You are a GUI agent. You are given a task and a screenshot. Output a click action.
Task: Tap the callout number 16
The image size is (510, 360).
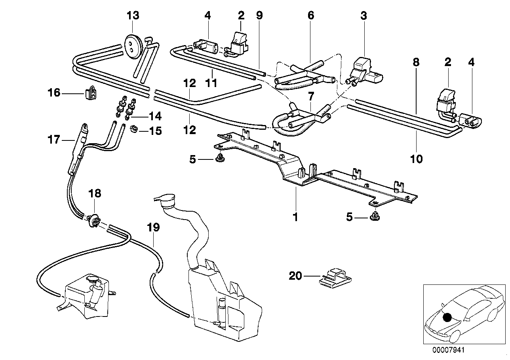54,93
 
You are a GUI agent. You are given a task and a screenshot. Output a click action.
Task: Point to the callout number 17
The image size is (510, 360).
54,139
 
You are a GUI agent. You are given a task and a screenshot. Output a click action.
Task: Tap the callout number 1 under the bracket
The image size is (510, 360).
295,217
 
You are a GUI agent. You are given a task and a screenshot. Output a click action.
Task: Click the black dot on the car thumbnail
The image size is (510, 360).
447,317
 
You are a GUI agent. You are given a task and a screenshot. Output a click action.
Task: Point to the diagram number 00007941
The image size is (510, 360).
448,350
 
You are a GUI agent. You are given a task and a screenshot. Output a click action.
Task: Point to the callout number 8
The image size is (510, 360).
415,63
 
